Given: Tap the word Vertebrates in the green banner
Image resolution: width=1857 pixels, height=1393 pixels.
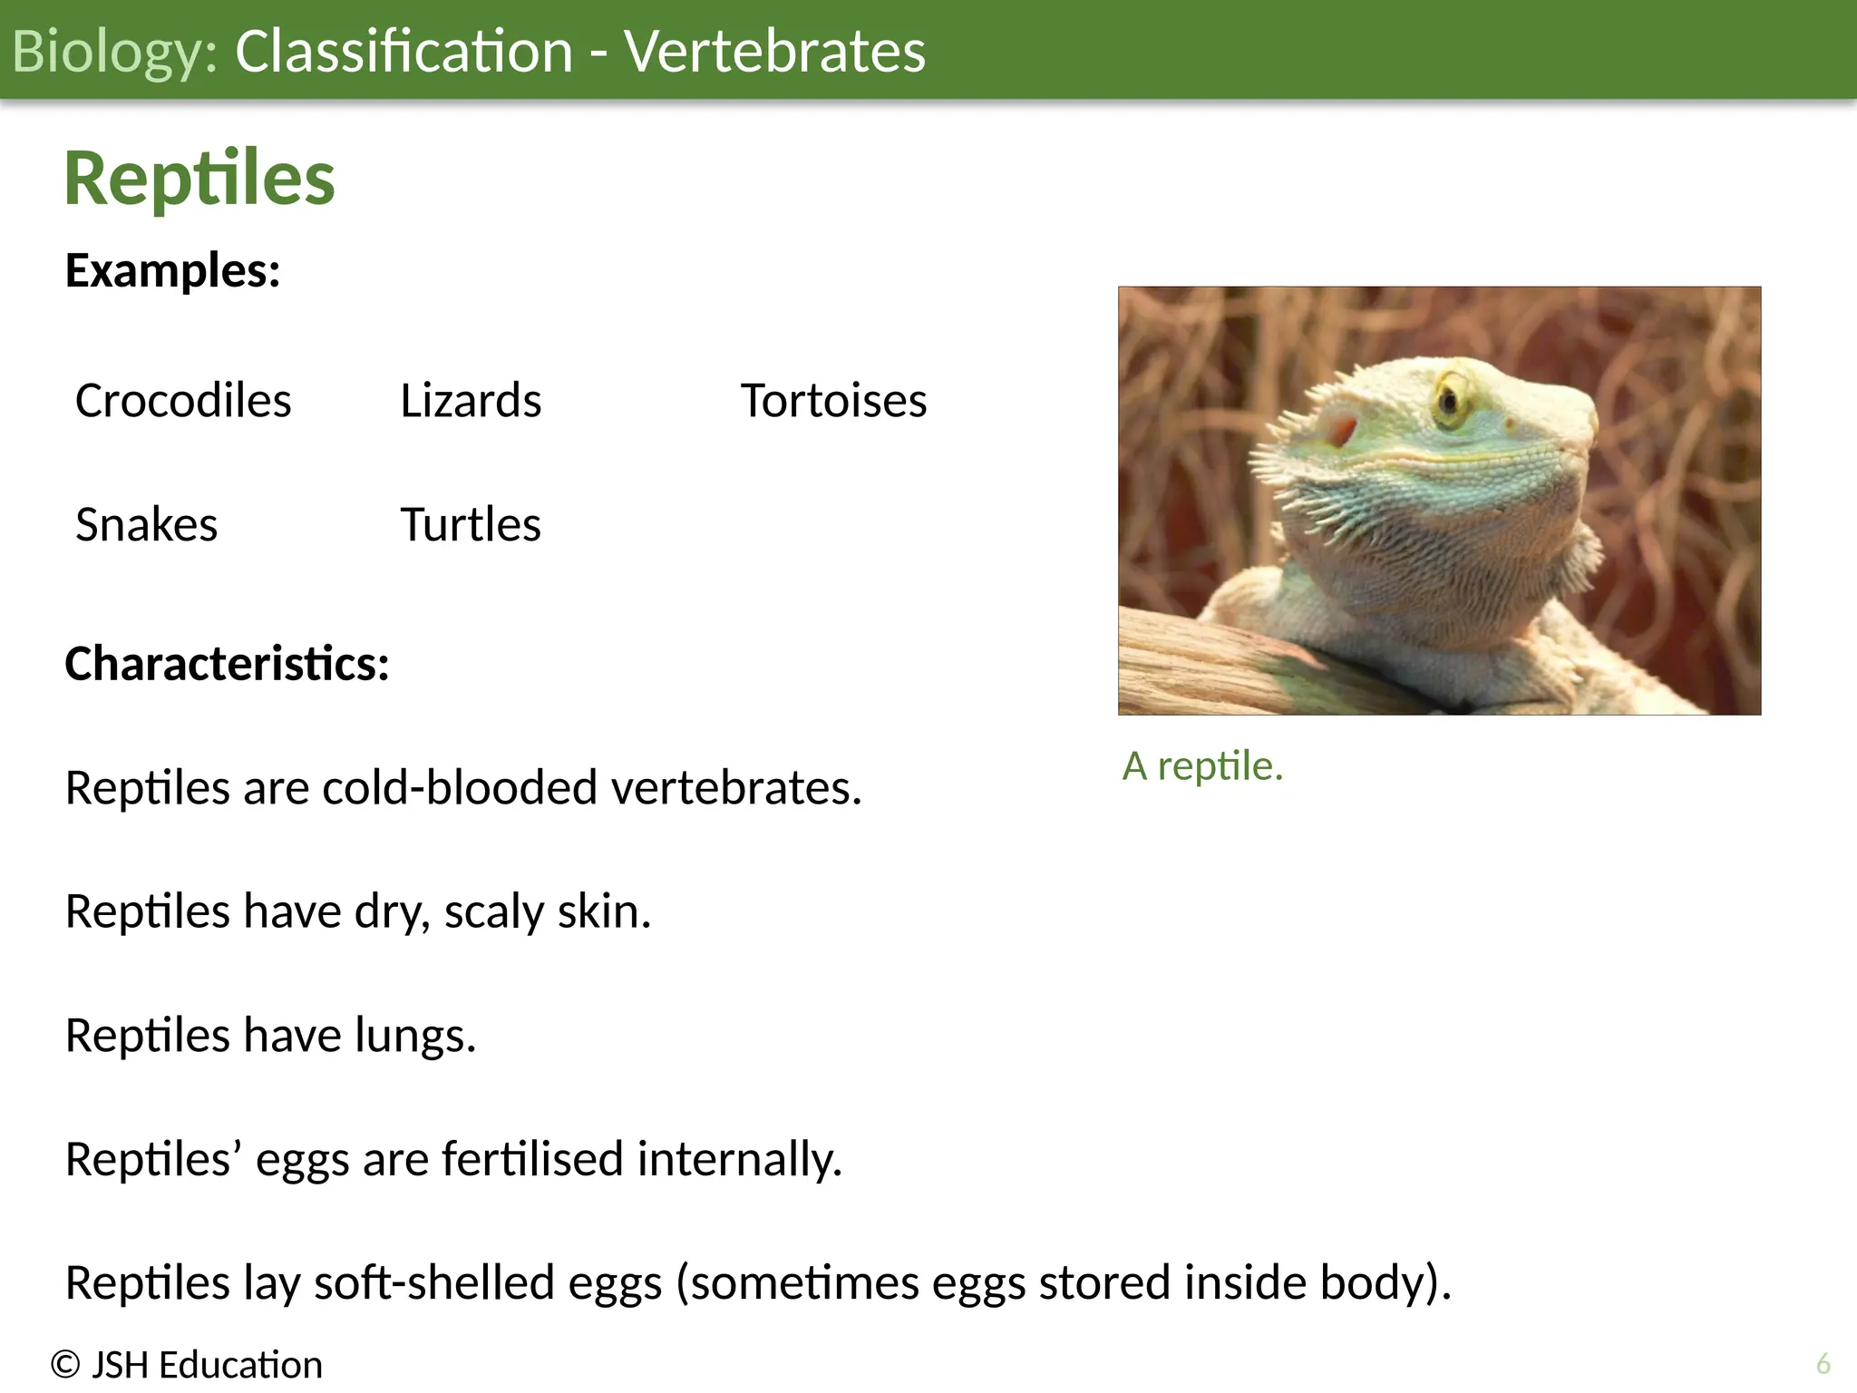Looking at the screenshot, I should click(x=774, y=52).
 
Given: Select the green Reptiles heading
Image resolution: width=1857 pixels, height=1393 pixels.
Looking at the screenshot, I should click(x=199, y=179).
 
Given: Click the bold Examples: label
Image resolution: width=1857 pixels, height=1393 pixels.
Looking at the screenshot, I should click(x=172, y=270).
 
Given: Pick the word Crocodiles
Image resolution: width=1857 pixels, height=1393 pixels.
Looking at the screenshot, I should click(x=183, y=401).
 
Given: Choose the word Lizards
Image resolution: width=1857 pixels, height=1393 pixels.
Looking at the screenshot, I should click(x=471, y=401).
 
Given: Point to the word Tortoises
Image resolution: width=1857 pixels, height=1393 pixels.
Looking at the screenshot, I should click(x=833, y=401).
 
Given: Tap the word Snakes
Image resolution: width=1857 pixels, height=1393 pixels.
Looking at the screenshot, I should click(x=146, y=525).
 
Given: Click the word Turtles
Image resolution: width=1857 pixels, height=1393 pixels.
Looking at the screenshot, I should click(x=471, y=525).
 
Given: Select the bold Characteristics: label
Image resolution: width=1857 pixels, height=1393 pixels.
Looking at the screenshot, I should click(x=227, y=664).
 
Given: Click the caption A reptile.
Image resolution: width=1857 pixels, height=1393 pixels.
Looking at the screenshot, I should click(x=1202, y=766).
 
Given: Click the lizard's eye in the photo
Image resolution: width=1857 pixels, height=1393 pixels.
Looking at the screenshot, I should click(x=1449, y=400).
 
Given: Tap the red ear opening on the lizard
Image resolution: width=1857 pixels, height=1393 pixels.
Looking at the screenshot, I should click(x=1341, y=431).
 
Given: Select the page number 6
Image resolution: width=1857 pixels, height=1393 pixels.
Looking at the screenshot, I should click(x=1823, y=1364).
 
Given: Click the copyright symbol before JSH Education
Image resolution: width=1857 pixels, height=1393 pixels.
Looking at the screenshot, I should click(x=65, y=1365).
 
